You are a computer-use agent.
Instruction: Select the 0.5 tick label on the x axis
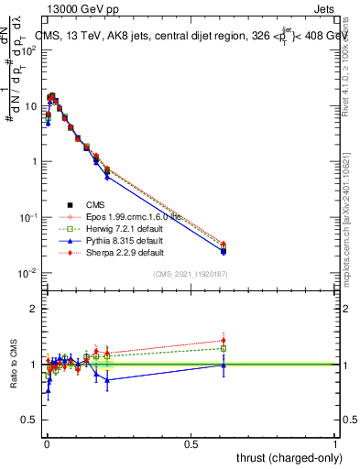pyautogui.click(x=191, y=443)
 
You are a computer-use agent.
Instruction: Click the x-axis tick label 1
pyautogui.click(x=335, y=443)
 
